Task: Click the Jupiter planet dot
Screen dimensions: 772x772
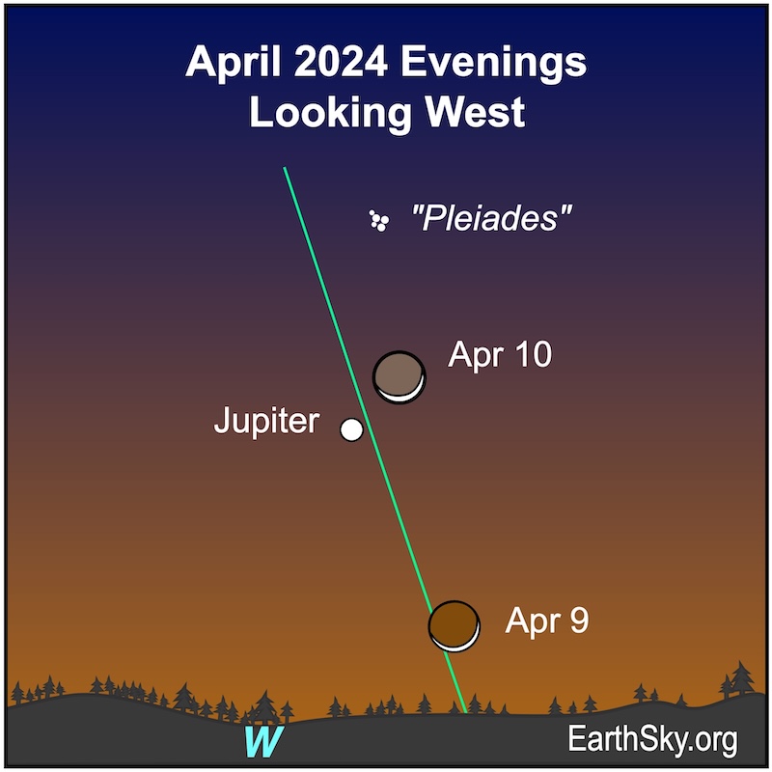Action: click(x=351, y=429)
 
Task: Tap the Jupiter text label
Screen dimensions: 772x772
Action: click(x=267, y=421)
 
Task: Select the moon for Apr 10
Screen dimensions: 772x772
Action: click(x=400, y=377)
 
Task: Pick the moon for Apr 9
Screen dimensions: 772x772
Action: click(x=455, y=625)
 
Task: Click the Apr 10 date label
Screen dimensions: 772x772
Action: click(x=500, y=354)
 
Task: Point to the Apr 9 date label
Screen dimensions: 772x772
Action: click(x=547, y=620)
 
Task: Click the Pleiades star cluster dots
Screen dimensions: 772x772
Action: click(x=379, y=221)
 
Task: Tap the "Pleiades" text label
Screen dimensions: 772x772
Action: click(x=491, y=218)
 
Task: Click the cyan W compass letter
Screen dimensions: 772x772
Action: click(x=263, y=741)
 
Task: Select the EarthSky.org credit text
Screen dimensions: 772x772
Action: click(x=653, y=739)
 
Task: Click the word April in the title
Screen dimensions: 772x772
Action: click(x=234, y=62)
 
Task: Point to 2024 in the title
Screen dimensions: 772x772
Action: click(x=341, y=62)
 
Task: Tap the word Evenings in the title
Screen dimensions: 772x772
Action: click(x=494, y=64)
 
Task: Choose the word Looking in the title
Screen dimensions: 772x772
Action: click(x=330, y=114)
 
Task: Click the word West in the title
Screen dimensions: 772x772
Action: click(x=475, y=112)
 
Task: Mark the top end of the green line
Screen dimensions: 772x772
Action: click(x=285, y=168)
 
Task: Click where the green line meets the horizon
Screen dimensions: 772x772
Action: click(x=465, y=712)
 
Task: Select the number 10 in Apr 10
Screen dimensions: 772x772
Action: click(x=534, y=354)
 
